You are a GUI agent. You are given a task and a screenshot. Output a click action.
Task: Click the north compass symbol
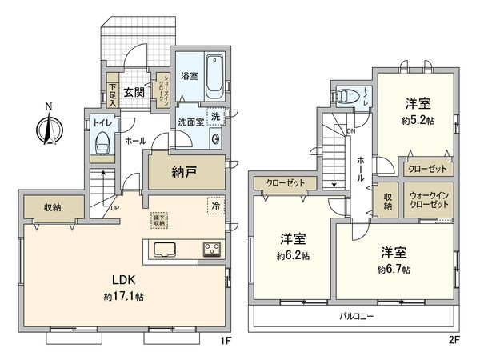point(46,127)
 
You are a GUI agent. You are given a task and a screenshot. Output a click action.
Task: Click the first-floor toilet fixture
point(102,145)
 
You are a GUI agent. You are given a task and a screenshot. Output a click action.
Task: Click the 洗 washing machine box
point(213,117)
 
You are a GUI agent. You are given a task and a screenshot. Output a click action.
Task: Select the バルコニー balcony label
point(357,317)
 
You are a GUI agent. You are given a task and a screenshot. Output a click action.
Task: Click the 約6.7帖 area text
point(394,269)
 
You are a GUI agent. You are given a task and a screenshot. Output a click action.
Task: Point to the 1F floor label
point(226,341)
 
